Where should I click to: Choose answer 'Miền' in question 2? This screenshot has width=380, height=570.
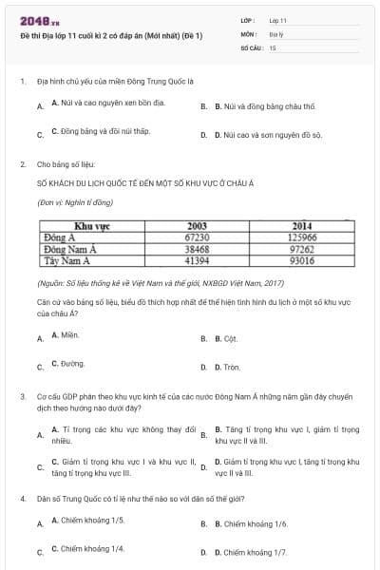point(65,335)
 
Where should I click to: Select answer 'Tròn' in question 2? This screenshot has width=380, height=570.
point(231,367)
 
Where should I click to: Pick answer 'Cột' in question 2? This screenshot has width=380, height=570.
point(230,338)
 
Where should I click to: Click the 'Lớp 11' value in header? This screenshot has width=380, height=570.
point(277,19)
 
